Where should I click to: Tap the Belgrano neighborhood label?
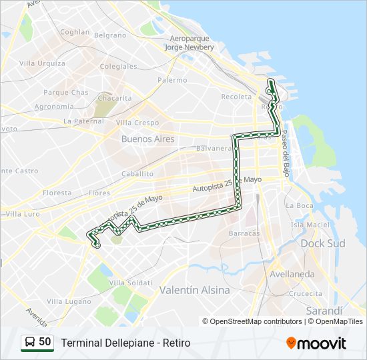(x=110, y=35)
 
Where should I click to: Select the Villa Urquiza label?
(x=42, y=63)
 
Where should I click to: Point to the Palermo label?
(x=172, y=80)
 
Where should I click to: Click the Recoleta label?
(x=236, y=97)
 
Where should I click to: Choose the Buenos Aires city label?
(x=147, y=139)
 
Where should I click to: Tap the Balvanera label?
(x=214, y=148)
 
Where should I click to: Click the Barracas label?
(x=244, y=233)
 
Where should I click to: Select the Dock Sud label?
(x=323, y=243)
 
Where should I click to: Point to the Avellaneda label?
(x=292, y=274)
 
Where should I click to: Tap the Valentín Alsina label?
(x=194, y=290)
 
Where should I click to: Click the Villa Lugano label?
(x=67, y=301)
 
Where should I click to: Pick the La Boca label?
(x=299, y=205)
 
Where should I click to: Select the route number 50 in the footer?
(x=45, y=342)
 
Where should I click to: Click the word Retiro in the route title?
(x=175, y=343)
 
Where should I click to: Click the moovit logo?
(x=316, y=343)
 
